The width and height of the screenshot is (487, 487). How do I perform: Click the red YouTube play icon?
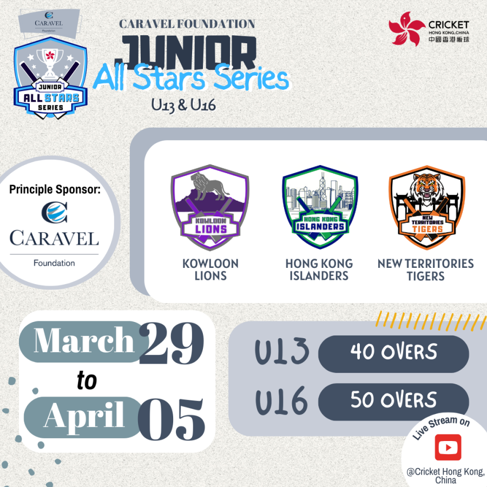pyautogui.click(x=448, y=447)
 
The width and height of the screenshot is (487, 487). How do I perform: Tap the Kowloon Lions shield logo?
pyautogui.click(x=210, y=207)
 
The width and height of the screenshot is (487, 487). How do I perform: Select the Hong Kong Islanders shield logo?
pyautogui.click(x=320, y=207)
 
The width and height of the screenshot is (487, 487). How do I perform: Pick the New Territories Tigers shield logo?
pyautogui.click(x=427, y=207)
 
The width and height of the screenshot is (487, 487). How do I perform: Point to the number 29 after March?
pyautogui.click(x=172, y=343)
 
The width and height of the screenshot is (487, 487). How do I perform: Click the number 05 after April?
pyautogui.click(x=172, y=419)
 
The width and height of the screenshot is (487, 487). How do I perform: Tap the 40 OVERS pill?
pyautogui.click(x=393, y=354)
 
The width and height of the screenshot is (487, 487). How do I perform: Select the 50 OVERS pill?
pyautogui.click(x=393, y=402)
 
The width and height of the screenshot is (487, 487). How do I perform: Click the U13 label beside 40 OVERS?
pyautogui.click(x=282, y=351)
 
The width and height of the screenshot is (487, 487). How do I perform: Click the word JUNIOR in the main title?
pyautogui.click(x=186, y=51)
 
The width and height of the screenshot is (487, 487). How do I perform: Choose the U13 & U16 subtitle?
pyautogui.click(x=183, y=105)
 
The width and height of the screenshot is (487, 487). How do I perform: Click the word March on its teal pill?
pyautogui.click(x=84, y=340)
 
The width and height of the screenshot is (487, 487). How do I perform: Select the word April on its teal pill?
pyautogui.click(x=84, y=416)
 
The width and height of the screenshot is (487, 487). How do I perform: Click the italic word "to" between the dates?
pyautogui.click(x=87, y=380)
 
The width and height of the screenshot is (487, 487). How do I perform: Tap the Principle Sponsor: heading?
pyautogui.click(x=55, y=189)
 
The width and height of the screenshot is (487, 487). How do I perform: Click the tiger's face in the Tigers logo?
pyautogui.click(x=425, y=187)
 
